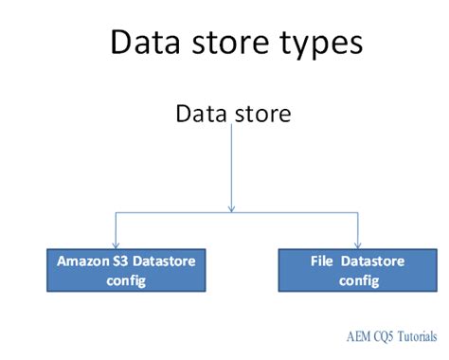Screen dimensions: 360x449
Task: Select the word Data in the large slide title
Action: coord(143,43)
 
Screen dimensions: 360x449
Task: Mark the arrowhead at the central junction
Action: coord(232,207)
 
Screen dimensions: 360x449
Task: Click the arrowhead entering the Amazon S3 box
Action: coord(115,244)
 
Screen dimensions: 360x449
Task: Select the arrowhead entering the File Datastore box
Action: coord(357,244)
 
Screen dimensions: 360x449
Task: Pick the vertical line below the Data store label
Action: coord(232,166)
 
